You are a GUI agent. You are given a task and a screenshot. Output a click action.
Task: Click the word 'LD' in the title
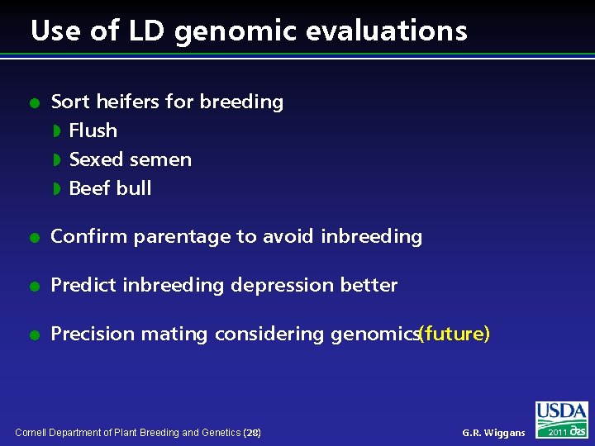(x=146, y=31)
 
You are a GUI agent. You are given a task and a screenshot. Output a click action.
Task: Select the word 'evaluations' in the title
(x=387, y=31)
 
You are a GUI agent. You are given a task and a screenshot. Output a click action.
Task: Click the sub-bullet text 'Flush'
(x=93, y=130)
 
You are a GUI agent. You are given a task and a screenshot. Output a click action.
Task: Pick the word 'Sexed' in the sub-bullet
(x=94, y=159)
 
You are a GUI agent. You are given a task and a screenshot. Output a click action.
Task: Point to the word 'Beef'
(x=88, y=188)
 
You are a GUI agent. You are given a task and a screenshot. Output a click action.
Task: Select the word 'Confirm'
(x=89, y=237)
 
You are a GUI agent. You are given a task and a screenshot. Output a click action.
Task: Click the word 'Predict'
(x=83, y=286)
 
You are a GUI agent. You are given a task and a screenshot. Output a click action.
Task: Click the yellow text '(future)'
(x=455, y=334)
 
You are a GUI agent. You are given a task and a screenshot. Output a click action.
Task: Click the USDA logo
(x=562, y=411)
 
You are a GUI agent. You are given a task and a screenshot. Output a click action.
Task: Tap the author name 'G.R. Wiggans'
(x=493, y=433)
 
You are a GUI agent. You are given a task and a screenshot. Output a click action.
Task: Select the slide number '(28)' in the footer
(x=252, y=433)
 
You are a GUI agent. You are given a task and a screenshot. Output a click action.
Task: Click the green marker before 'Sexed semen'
(x=57, y=159)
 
